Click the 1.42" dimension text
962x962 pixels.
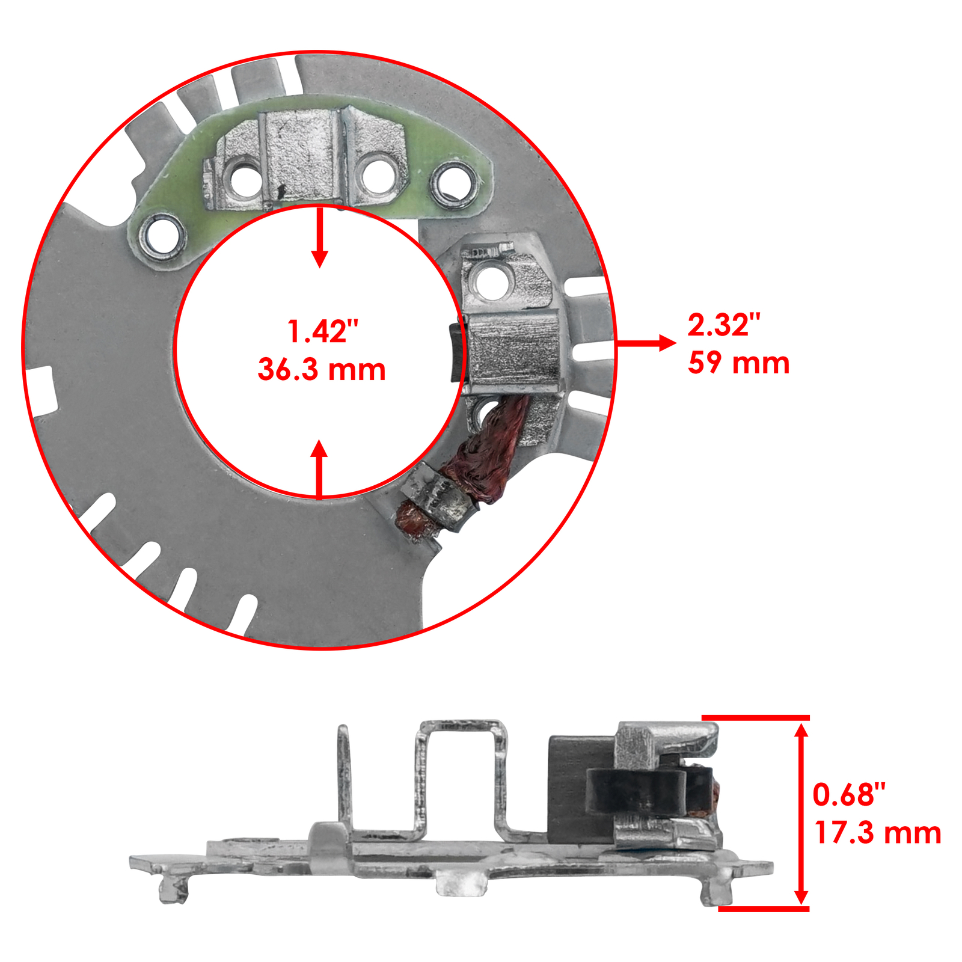point(322,332)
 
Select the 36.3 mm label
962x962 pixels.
point(322,370)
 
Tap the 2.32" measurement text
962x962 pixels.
point(723,325)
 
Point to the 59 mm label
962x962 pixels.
point(738,363)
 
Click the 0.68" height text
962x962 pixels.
point(848,795)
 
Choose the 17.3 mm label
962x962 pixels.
point(877,833)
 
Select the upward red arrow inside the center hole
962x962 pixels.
point(319,469)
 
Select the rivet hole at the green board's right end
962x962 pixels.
point(452,183)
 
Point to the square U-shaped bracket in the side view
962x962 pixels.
point(460,776)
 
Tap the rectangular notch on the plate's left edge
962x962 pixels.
point(42,391)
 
